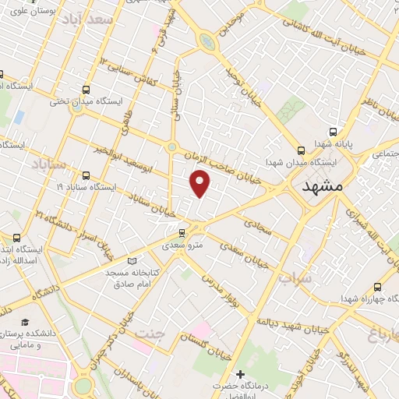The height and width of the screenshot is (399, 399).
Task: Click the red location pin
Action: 200,183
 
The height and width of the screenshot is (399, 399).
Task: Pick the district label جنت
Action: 150,334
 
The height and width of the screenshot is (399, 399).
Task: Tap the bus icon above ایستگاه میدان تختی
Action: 85,89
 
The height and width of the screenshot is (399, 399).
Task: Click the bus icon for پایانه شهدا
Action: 334,132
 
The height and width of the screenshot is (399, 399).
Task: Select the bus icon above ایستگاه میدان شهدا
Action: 301,150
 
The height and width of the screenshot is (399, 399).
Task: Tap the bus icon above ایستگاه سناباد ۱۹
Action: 86,175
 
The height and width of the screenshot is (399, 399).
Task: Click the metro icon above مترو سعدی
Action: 182,233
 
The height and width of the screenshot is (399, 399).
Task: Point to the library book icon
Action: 132,261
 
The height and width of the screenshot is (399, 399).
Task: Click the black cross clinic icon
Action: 240,376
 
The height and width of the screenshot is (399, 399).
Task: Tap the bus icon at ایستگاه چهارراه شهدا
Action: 378,287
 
